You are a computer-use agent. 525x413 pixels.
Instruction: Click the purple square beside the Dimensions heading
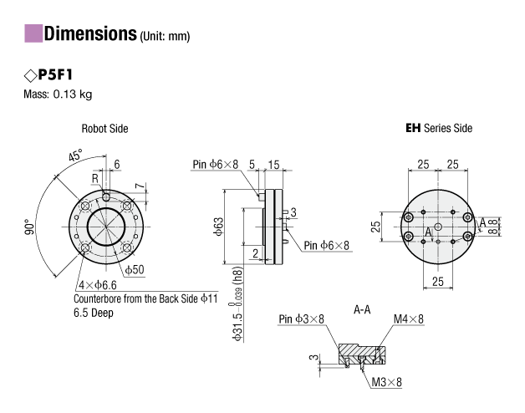pos(33,33)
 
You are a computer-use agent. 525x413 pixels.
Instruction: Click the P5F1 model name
pos(55,74)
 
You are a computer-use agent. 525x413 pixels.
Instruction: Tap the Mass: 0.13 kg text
pos(58,94)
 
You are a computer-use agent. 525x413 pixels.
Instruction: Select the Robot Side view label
pos(104,129)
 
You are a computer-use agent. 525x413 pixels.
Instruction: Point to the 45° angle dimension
pos(75,156)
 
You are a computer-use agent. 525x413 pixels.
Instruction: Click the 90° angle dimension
pos(29,227)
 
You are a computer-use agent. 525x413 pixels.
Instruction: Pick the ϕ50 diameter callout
pos(135,269)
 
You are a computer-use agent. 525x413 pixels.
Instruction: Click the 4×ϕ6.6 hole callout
pos(98,285)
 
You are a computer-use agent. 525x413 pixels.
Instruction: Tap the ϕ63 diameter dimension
pos(218,227)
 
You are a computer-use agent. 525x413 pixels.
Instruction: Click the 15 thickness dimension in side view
pos(273,165)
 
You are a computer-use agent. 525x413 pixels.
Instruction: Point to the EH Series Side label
pos(439,128)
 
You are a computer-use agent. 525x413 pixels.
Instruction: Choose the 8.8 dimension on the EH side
pos(494,227)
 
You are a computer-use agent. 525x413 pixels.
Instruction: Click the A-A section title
pos(362,310)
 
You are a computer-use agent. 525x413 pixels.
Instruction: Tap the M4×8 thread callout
pos(408,319)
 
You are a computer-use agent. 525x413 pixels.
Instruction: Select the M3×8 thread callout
pos(386,382)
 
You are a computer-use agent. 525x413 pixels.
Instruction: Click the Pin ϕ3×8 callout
pos(301,319)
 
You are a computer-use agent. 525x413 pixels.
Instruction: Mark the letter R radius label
pos(95,179)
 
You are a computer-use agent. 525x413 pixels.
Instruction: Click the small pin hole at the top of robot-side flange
pos(106,196)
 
